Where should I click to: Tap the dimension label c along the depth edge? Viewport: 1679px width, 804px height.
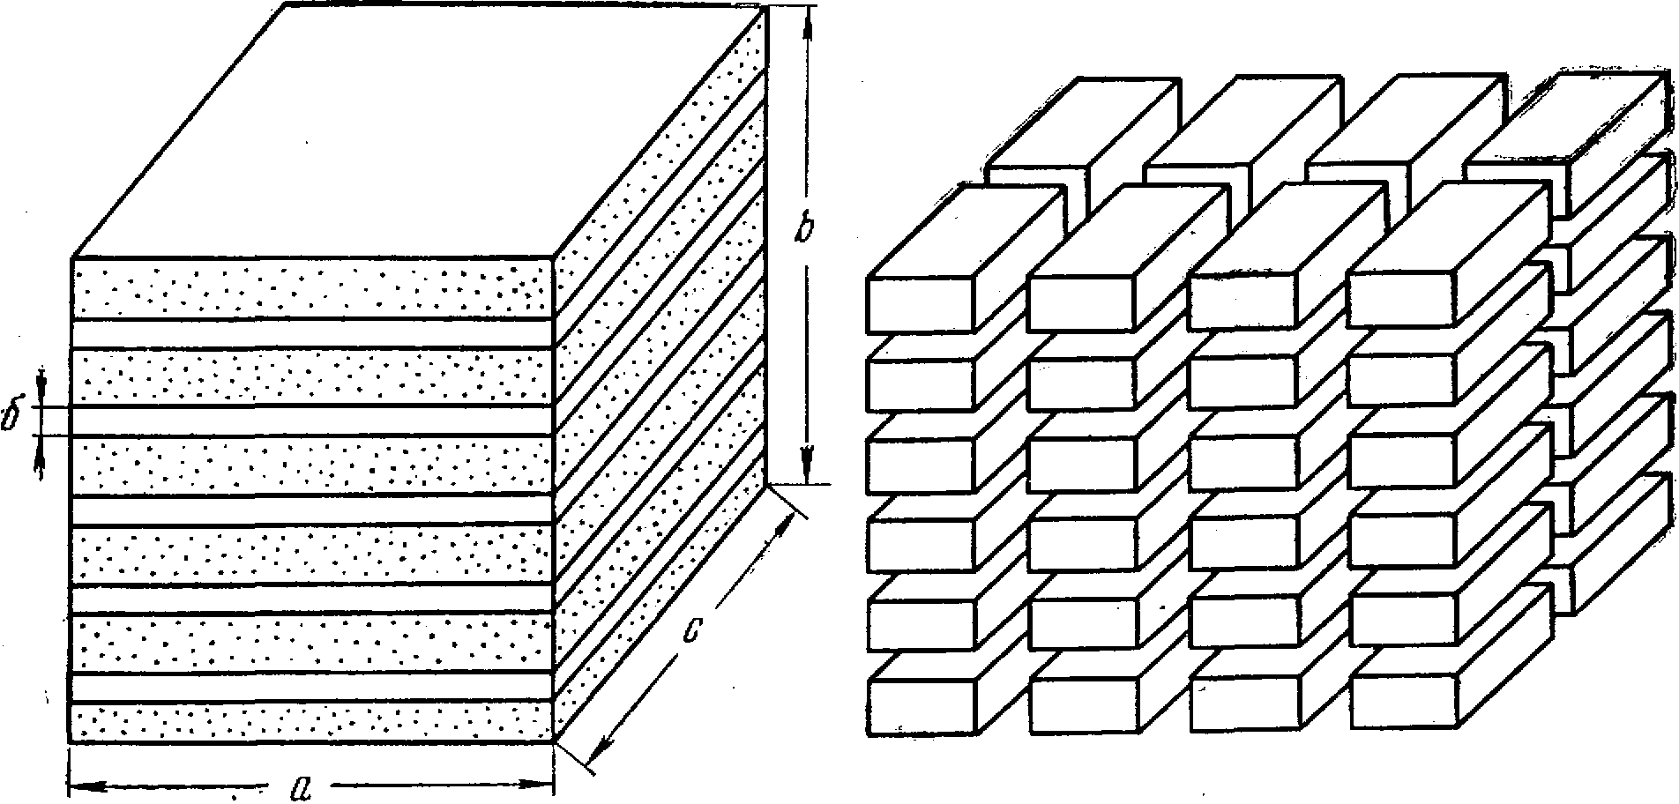point(695,607)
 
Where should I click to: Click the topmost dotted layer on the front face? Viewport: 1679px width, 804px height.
point(311,288)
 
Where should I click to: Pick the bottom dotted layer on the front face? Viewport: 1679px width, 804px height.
point(311,720)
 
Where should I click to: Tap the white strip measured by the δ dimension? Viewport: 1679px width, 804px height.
point(311,421)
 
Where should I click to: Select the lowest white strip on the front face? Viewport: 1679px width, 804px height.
point(311,686)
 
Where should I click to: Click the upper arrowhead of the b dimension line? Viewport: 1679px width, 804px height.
point(805,26)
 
